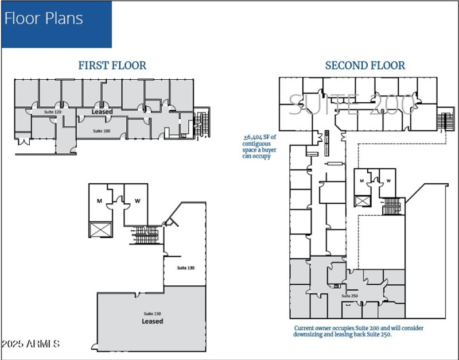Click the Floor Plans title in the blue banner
tap(44, 18)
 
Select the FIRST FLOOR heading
tap(112, 65)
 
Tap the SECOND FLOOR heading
tap(365, 65)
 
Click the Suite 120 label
tap(53, 111)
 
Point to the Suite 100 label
tap(102, 131)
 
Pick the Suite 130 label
tap(185, 268)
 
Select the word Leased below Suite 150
tap(152, 322)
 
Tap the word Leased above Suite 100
tap(102, 111)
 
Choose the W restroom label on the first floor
tap(137, 201)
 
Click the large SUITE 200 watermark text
tap(351, 104)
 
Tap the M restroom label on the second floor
tap(361, 181)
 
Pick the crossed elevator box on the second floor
tap(362, 200)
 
